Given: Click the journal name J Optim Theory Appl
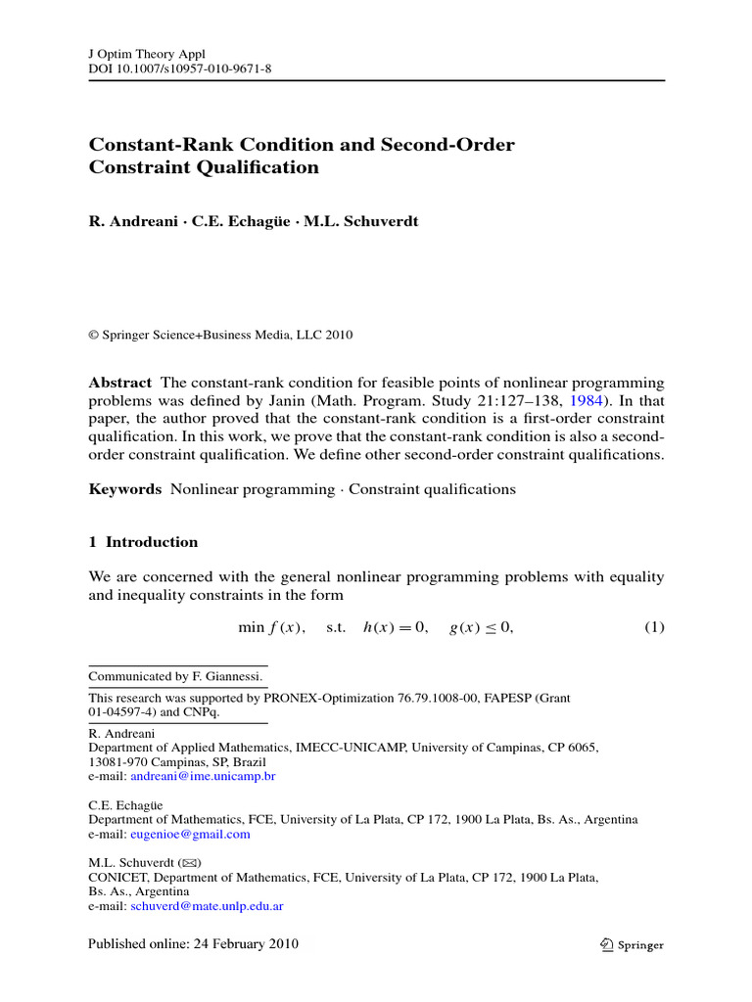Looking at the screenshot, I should tap(146, 54).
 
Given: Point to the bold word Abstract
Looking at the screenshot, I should tap(120, 383).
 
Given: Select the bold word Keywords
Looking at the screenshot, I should tap(125, 489).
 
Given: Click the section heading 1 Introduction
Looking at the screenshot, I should tap(143, 542).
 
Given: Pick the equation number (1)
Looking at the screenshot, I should tap(653, 627).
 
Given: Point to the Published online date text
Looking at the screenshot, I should tap(193, 944).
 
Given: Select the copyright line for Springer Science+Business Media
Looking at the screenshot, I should tap(220, 335).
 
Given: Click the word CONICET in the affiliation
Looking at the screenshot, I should tap(119, 878).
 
